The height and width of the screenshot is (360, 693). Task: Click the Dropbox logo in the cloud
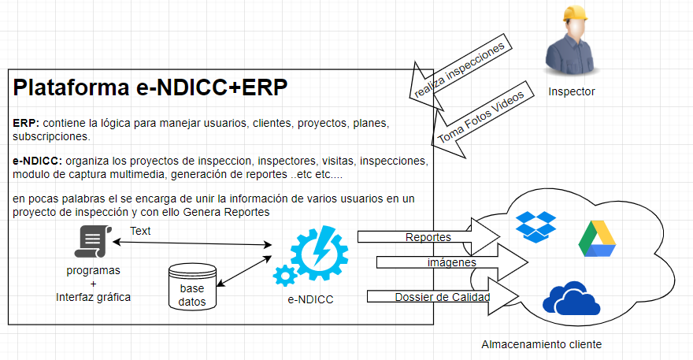coord(535,225)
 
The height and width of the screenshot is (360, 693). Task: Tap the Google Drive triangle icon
coord(597,239)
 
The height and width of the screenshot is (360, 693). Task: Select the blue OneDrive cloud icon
coord(566,299)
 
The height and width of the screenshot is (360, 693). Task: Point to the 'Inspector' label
coord(572,91)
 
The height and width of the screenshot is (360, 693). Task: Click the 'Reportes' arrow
coord(430,236)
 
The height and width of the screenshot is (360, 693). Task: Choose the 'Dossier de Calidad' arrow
coord(443,296)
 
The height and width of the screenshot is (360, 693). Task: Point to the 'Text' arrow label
coord(140,231)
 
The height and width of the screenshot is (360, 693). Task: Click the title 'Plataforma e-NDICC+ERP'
coord(150,87)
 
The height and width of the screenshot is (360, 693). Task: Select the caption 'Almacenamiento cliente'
coord(541,345)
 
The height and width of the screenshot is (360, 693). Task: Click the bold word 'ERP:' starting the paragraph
coord(27,124)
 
